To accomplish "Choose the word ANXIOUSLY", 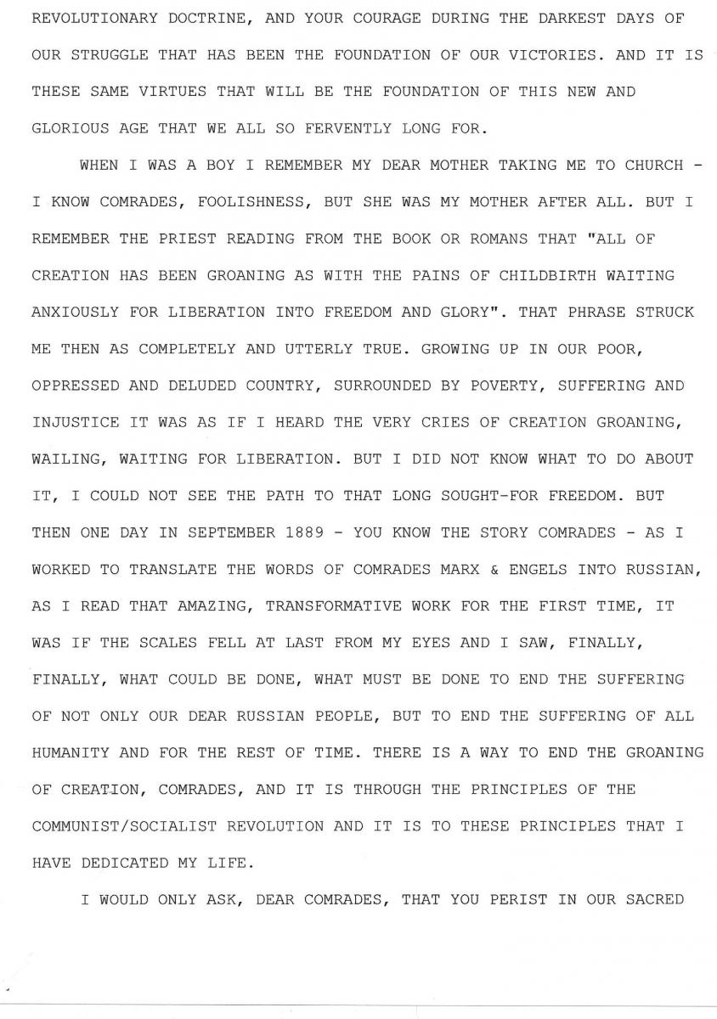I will tap(76, 312).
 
